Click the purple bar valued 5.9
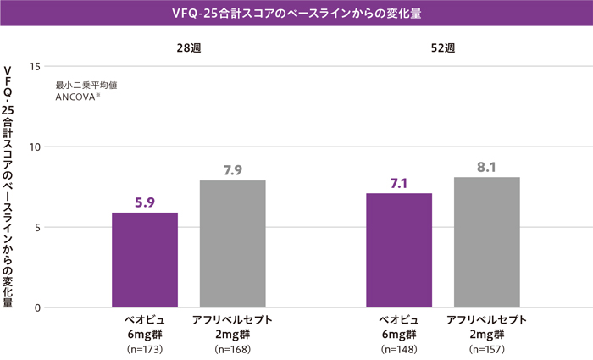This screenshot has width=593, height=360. tap(145, 260)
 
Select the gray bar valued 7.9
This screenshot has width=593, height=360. tap(233, 244)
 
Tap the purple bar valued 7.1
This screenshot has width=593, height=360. tap(399, 251)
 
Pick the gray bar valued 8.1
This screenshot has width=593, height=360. tap(487, 242)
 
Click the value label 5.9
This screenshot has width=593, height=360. tap(145, 202)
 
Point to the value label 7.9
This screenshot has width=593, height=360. tap(233, 170)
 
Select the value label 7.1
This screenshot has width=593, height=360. tap(399, 184)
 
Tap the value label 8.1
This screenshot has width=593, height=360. tap(486, 167)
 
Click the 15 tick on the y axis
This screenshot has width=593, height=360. tap(35, 66)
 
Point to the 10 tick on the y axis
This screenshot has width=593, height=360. tap(35, 147)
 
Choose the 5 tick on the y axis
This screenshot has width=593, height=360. tap(37, 227)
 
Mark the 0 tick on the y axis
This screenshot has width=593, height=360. tap(37, 307)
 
